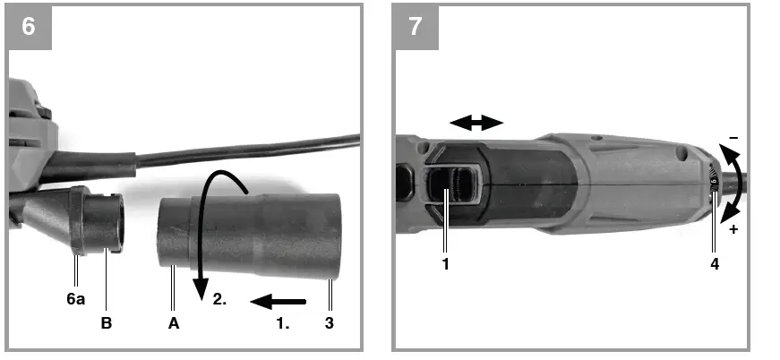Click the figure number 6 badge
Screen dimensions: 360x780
pyautogui.click(x=28, y=26)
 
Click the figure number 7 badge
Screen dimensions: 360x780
pyautogui.click(x=416, y=26)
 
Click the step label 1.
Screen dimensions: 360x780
pyautogui.click(x=284, y=322)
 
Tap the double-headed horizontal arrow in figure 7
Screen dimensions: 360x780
pyautogui.click(x=476, y=124)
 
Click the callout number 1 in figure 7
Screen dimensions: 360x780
pyautogui.click(x=444, y=264)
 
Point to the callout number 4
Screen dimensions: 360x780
pyautogui.click(x=714, y=264)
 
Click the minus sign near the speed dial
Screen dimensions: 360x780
pyautogui.click(x=733, y=139)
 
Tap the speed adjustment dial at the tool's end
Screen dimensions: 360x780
pyautogui.click(x=714, y=184)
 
